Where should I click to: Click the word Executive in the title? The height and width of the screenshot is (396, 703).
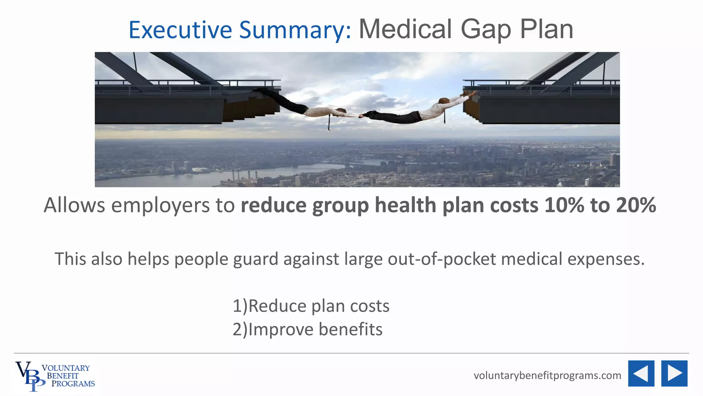(x=181, y=30)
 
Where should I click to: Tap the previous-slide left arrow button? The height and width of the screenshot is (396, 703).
(x=641, y=374)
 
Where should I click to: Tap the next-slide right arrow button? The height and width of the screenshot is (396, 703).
(x=674, y=374)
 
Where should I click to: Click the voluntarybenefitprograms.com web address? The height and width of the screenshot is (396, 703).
(x=547, y=375)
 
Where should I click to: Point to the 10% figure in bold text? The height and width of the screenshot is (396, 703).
(x=564, y=205)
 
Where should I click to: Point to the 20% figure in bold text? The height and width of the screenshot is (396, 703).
(x=636, y=205)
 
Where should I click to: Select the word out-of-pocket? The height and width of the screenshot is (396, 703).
(x=442, y=259)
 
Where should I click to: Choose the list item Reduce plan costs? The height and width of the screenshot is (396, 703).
(x=311, y=306)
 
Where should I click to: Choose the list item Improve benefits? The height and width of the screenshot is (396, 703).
(x=308, y=329)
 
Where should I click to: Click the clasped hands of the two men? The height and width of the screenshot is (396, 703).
(x=361, y=116)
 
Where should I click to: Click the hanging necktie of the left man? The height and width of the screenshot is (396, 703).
(x=329, y=123)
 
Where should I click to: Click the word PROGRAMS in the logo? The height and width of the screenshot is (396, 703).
(x=73, y=384)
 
